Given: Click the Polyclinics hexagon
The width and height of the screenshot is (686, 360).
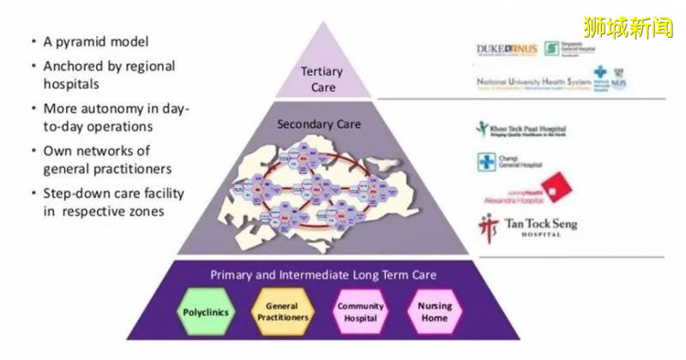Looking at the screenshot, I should click(x=207, y=312).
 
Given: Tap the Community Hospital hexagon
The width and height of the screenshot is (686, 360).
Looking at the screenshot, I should click(x=360, y=312).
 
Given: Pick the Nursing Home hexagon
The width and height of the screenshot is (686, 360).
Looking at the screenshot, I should click(x=434, y=312).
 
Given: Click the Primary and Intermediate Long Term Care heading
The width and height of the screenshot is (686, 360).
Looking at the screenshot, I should click(x=324, y=275).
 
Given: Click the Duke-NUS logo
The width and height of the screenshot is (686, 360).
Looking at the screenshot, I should click(x=507, y=49).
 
